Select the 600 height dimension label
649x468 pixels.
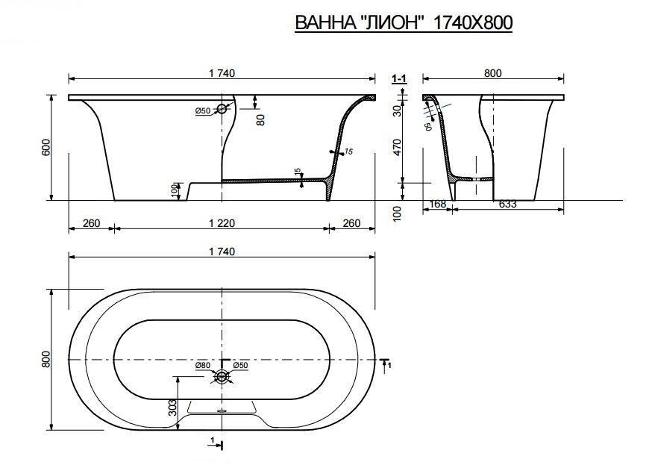tap(47, 148)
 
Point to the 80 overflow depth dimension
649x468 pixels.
tap(260, 119)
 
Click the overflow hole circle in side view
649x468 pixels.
tap(222, 109)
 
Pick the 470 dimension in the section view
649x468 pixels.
tap(398, 148)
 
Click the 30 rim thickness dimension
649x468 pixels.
tap(398, 110)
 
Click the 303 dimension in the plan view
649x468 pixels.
tap(172, 407)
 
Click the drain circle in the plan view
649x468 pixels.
tap(222, 378)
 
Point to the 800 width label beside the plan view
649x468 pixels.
tap(46, 359)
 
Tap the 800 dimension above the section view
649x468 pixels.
tap(492, 72)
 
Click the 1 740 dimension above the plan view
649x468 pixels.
tap(222, 252)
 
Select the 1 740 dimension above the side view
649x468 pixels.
tap(222, 72)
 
